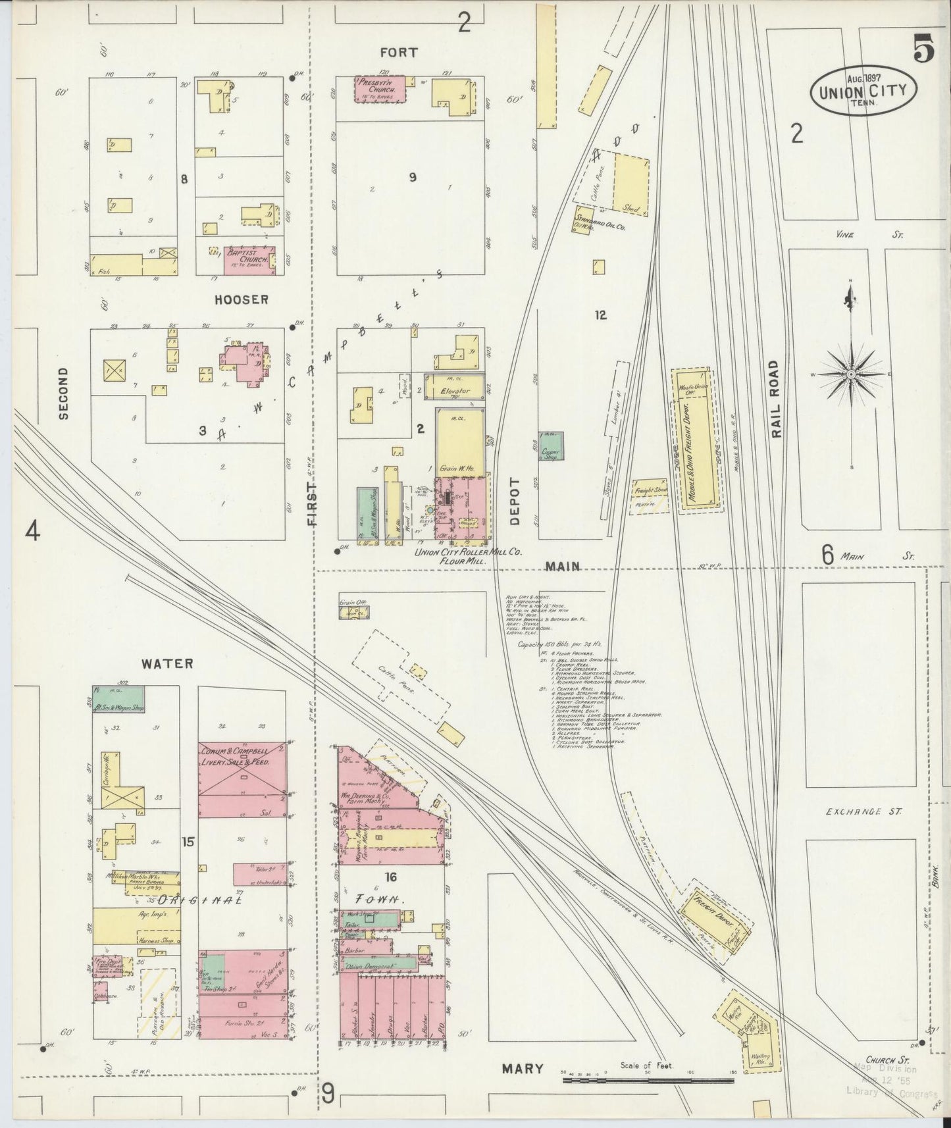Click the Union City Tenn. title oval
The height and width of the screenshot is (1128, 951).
click(x=863, y=91)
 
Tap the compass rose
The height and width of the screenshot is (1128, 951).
click(x=851, y=374)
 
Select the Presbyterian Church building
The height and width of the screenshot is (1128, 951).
click(x=380, y=89)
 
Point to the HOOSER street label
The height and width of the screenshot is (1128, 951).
click(x=242, y=299)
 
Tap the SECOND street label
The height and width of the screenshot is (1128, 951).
click(x=63, y=393)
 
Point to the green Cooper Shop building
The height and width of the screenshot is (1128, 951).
click(x=550, y=446)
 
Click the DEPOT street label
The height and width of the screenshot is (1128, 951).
click(x=515, y=501)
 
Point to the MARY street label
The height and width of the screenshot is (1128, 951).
click(x=523, y=1069)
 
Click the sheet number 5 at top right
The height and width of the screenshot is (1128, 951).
click(x=923, y=50)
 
